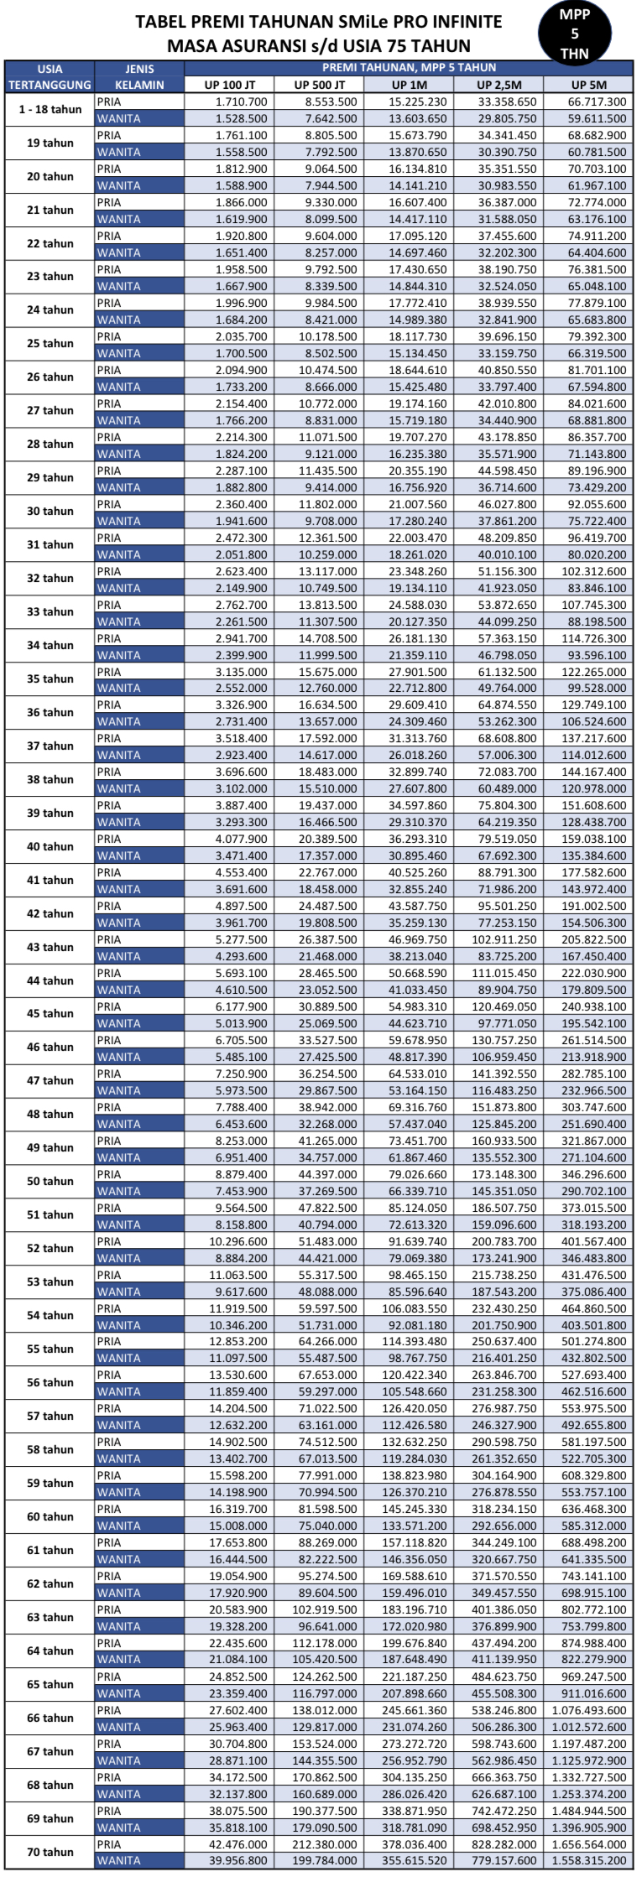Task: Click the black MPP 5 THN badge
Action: click(575, 34)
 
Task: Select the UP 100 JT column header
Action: click(229, 85)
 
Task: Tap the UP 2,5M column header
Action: click(498, 85)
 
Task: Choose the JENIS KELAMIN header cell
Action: click(139, 76)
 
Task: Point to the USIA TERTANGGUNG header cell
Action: click(50, 76)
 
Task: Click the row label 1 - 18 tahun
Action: click(50, 110)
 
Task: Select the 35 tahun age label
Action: click(50, 679)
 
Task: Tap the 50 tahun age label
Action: click(50, 1182)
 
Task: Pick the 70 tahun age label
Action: click(50, 1852)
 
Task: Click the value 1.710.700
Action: click(242, 101)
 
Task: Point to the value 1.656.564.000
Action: click(589, 1844)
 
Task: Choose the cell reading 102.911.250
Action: click(504, 939)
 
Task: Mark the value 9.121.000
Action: click(331, 454)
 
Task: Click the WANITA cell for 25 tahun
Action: click(119, 353)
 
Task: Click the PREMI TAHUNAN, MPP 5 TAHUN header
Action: click(409, 68)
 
